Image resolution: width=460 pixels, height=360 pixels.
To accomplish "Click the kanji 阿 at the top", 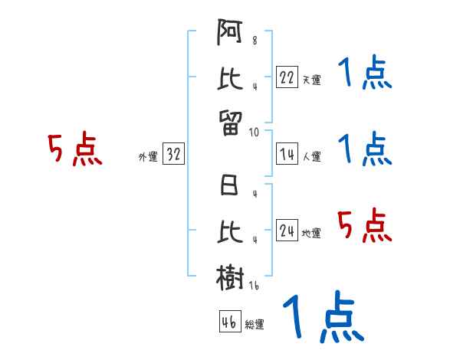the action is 231,35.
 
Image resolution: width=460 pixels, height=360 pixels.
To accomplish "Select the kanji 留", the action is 231,121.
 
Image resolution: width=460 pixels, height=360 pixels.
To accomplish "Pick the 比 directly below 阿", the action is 231,78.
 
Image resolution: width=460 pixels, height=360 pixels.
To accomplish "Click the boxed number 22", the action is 287,77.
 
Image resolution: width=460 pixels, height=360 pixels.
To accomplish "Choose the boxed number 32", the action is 173,155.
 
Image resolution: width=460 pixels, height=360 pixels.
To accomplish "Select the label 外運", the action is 147,157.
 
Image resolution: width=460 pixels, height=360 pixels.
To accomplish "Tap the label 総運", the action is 255,324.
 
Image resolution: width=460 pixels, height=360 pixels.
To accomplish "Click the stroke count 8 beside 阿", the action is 255,41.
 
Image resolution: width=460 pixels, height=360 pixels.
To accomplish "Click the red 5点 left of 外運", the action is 75,149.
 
